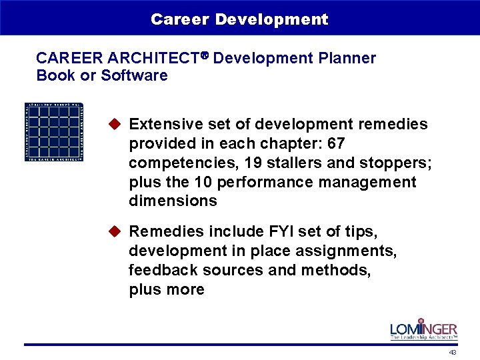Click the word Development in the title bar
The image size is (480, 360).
(x=271, y=19)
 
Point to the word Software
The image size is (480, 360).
(x=134, y=75)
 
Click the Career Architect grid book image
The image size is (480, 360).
(x=54, y=131)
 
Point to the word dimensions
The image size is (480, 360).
(x=173, y=201)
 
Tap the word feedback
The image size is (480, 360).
(x=159, y=270)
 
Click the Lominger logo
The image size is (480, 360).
(x=423, y=329)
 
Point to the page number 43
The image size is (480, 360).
(x=453, y=352)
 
